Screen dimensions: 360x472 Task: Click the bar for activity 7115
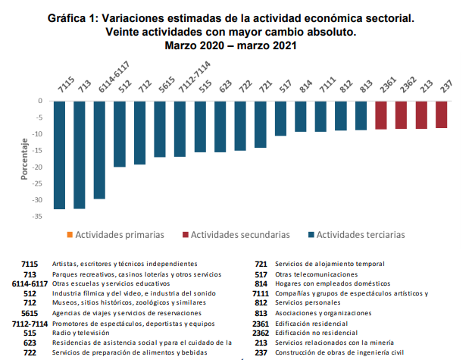point(59,155)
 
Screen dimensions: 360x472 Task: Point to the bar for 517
point(280,118)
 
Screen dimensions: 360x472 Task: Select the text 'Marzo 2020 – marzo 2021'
point(231,45)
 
